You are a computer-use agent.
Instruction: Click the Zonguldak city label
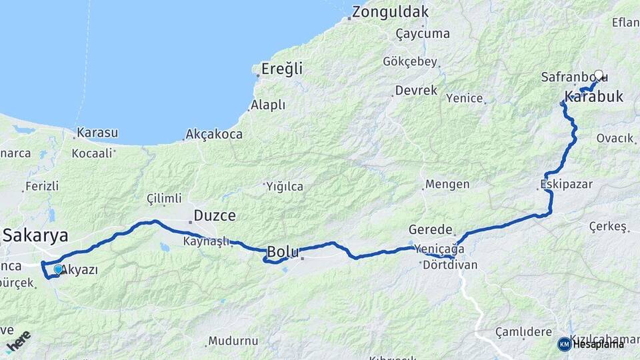(x=390, y=12)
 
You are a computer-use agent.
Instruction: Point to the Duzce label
(x=215, y=216)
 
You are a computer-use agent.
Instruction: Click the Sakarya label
(x=35, y=235)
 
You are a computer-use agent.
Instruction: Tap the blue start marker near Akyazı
(x=58, y=269)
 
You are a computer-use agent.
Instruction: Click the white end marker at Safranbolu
(x=599, y=75)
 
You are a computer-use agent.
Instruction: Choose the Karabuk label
(x=594, y=97)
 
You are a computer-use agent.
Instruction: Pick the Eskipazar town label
(x=567, y=184)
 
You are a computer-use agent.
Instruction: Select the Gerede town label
(x=431, y=229)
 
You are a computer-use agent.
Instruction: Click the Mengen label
(x=447, y=184)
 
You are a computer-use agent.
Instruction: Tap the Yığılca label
(x=285, y=187)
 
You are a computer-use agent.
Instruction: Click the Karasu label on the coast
(x=97, y=133)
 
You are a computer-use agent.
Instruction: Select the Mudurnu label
(x=233, y=341)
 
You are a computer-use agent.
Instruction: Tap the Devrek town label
(x=415, y=90)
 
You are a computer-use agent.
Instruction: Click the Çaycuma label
(x=423, y=33)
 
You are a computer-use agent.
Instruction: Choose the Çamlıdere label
(x=523, y=331)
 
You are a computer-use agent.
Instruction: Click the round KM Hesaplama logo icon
(x=564, y=344)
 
